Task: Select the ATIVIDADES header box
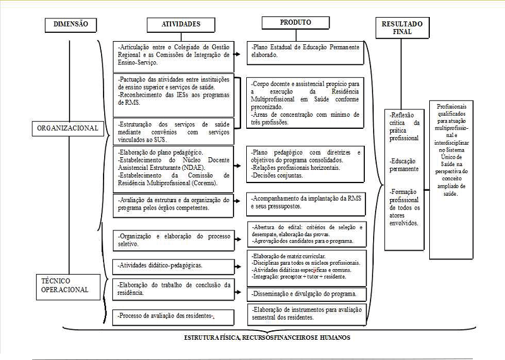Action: (x=174, y=25)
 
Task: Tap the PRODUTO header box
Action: (x=295, y=23)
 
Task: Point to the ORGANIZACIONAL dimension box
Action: (x=68, y=128)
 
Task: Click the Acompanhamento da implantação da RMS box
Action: (x=306, y=201)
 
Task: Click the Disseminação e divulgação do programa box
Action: (x=306, y=294)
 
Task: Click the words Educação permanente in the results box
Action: (x=404, y=165)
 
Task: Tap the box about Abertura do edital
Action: (x=306, y=233)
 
